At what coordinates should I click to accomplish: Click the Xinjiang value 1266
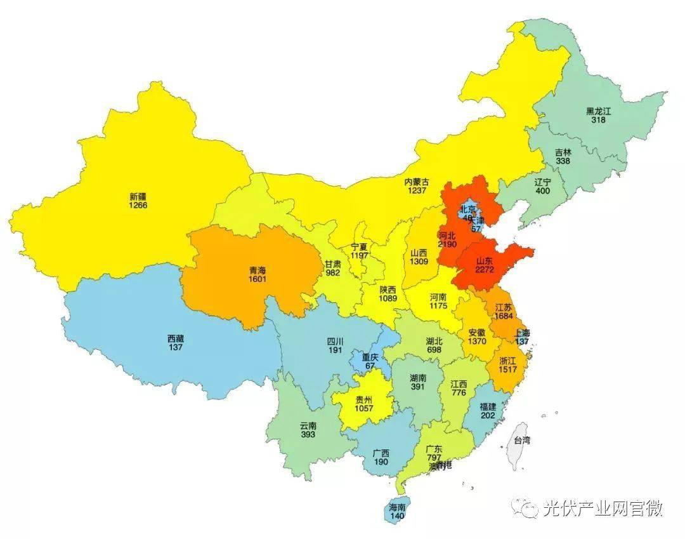[138, 206]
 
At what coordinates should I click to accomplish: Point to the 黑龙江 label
[598, 111]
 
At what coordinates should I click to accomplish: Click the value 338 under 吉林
[562, 161]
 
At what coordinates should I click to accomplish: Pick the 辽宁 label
[543, 181]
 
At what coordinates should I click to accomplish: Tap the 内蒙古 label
[417, 182]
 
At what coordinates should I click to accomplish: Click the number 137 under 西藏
[176, 347]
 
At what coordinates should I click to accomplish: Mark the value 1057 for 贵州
[364, 408]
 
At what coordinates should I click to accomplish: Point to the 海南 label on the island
[397, 508]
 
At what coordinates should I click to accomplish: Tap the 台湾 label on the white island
[521, 440]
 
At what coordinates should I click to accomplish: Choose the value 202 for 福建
[488, 415]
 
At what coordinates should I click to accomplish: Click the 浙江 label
[507, 361]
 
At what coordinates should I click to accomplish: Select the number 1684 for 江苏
[504, 316]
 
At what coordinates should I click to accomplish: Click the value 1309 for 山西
[419, 261]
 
